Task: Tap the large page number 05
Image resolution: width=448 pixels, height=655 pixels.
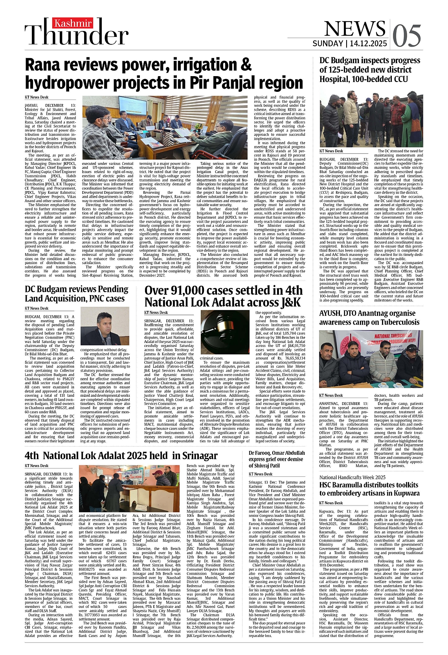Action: pyautogui.click(x=406, y=36)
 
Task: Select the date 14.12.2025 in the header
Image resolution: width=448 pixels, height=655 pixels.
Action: pyautogui.click(x=368, y=44)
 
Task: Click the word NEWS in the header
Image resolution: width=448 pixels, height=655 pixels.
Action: pyautogui.click(x=354, y=28)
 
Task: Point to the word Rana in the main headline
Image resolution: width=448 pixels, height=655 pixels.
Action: pyautogui.click(x=46, y=64)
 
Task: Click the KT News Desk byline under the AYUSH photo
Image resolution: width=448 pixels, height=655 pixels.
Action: pyautogui.click(x=331, y=395)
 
